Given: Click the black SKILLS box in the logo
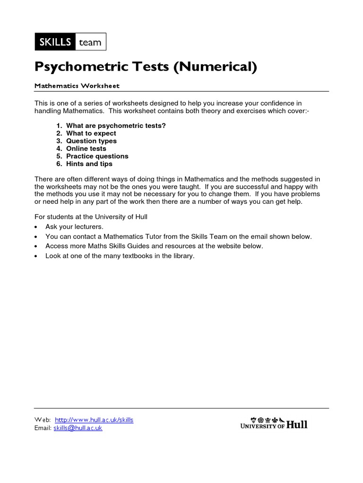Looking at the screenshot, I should (55, 42).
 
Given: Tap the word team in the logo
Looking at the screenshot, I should (90, 42).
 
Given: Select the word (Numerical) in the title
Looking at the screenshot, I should (215, 67).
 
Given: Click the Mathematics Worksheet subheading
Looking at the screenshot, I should (77, 86).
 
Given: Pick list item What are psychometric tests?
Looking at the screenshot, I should (116, 126).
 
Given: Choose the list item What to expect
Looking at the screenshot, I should (91, 133).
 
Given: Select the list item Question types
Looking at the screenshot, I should (91, 141).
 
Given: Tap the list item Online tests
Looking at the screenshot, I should (86, 149).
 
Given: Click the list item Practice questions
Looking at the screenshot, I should (97, 156).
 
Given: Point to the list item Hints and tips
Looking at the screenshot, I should (89, 164).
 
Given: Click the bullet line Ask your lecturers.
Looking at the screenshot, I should (74, 227).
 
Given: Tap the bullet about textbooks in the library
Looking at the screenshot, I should (120, 256).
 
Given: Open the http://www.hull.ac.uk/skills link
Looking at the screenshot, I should (94, 420).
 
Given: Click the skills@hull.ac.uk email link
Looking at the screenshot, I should (78, 428).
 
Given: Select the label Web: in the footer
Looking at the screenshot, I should (43, 420).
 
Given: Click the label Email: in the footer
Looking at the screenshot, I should (43, 428).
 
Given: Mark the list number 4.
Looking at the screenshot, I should (59, 149).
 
